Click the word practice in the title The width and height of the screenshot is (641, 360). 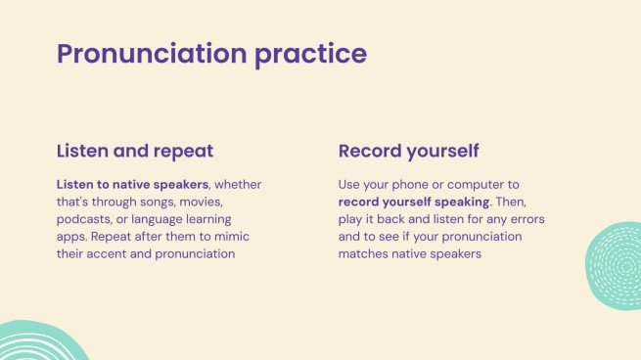[x=310, y=55]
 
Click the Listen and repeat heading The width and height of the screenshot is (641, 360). [x=135, y=152]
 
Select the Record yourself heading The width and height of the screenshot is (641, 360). [x=408, y=152]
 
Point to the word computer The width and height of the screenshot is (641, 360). [x=476, y=185]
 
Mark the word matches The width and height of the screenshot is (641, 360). [x=363, y=254]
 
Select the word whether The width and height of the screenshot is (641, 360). [x=238, y=185]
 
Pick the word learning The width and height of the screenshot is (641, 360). [x=208, y=219]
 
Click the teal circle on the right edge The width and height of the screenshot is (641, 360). [x=614, y=266]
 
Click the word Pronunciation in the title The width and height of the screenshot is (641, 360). [x=152, y=55]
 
